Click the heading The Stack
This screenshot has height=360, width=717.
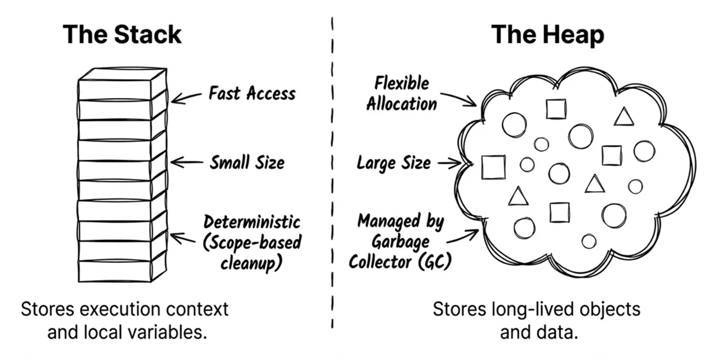(122, 35)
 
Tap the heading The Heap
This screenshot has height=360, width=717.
(547, 35)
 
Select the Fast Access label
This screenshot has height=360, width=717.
(251, 93)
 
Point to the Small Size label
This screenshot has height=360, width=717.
(247, 162)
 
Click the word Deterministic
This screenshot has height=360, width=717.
(251, 222)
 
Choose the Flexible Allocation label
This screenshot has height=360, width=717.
(401, 93)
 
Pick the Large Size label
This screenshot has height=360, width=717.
(393, 162)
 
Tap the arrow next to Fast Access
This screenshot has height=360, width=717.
(186, 96)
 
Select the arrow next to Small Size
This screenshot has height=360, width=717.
(186, 161)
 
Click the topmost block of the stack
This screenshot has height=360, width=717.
(122, 84)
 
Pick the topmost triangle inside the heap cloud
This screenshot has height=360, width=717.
(623, 117)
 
